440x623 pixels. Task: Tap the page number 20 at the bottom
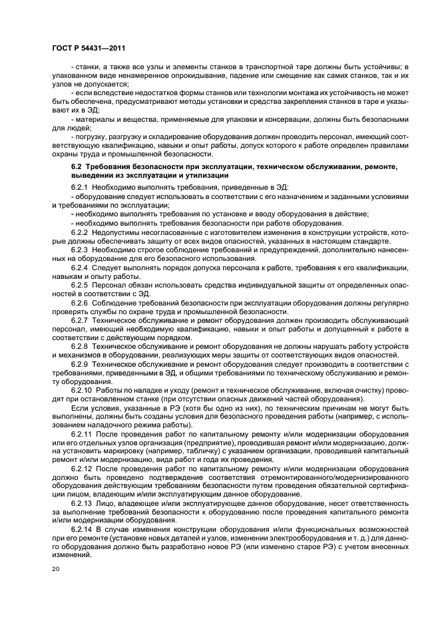coord(57,570)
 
